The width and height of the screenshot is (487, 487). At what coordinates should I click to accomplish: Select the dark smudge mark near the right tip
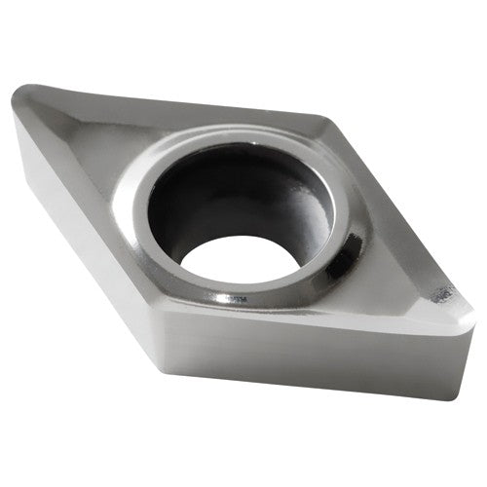tap(443, 292)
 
